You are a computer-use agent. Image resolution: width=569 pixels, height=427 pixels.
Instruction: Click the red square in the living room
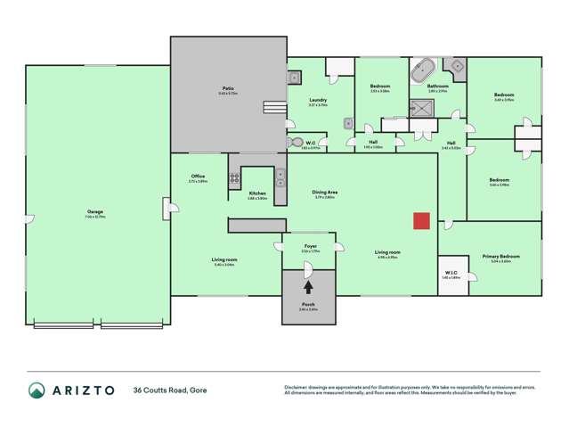tap(422, 221)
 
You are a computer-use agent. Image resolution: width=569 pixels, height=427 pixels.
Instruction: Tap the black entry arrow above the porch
tap(308, 287)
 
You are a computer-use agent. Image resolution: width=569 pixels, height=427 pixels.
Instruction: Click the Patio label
tap(228, 88)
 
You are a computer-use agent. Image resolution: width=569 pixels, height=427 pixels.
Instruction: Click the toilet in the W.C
tap(293, 141)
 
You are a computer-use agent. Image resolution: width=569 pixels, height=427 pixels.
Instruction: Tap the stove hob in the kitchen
tap(235, 178)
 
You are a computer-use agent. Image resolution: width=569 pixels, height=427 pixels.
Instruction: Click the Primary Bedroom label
tap(501, 256)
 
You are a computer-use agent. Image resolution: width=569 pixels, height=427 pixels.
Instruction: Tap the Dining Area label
tap(324, 192)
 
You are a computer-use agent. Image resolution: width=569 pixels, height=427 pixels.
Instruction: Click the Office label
tap(198, 177)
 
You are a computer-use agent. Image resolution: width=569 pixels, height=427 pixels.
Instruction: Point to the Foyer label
tap(310, 246)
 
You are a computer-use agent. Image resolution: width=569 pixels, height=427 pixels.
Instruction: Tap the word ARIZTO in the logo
tap(85, 390)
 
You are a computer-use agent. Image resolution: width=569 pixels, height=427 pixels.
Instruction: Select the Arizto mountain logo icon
tap(37, 390)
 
